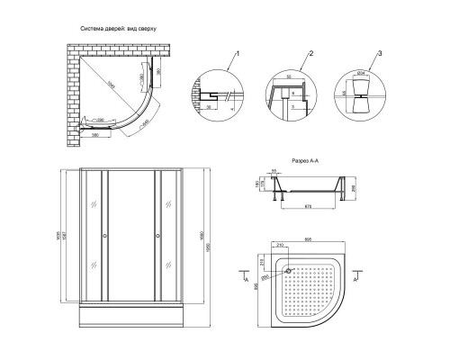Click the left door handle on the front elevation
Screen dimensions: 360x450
(106, 237)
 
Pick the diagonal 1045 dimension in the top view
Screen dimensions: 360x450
(112, 86)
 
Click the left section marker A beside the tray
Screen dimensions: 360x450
(244, 280)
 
